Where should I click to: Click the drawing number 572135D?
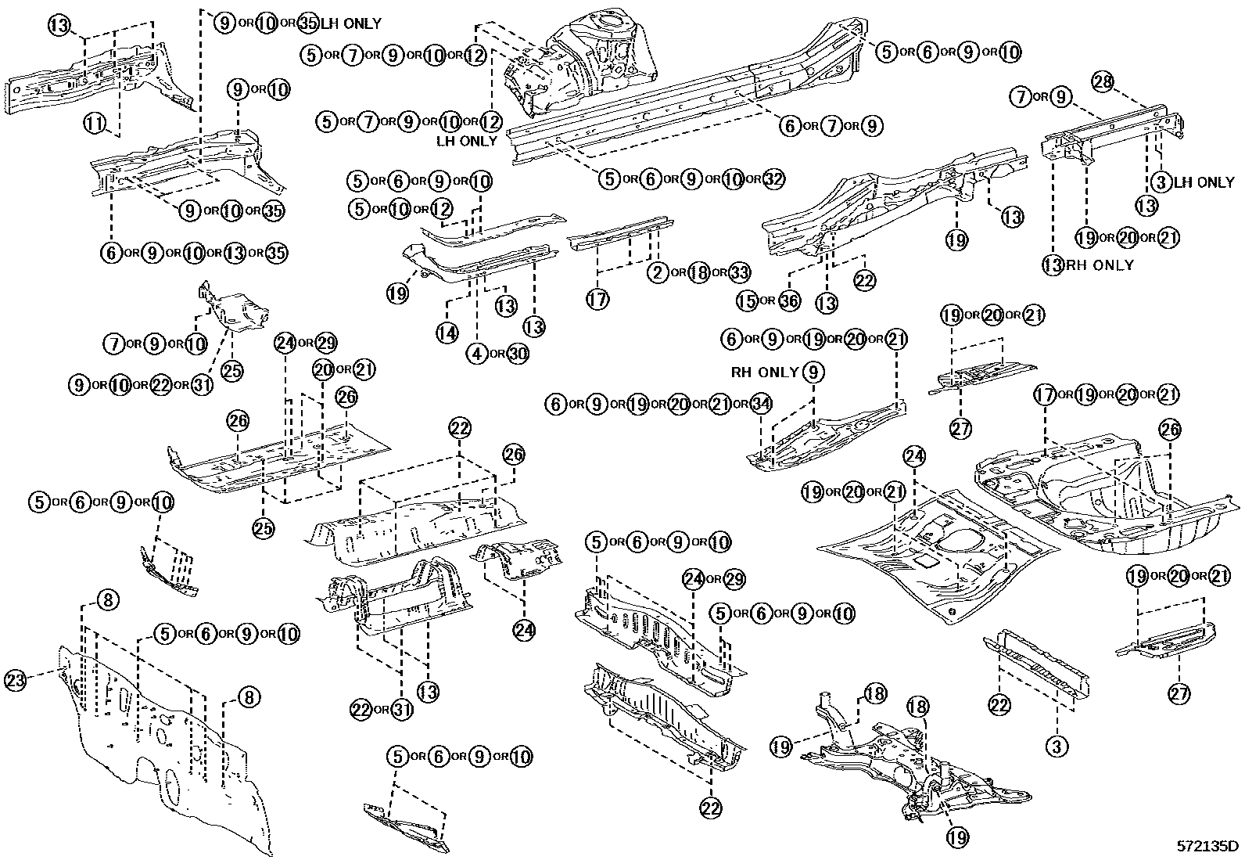1208,846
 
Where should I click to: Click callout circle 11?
95,122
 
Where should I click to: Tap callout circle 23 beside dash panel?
16,679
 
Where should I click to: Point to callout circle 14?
447,333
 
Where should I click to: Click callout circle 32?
773,179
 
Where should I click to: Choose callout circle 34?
760,404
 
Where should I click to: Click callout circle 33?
739,272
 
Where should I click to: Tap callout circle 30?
517,354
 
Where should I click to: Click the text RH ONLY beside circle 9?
764,372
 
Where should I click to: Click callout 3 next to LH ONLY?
1161,182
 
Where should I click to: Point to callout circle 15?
748,300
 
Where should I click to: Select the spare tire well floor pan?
1095,501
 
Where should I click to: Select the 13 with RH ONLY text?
1054,264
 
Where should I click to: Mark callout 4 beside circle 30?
475,354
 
